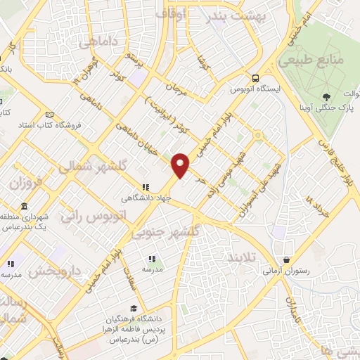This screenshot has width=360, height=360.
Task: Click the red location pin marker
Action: [x=181, y=165]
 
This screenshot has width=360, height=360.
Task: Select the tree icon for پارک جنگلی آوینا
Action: [x=326, y=98]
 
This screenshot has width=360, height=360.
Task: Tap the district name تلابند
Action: [x=244, y=259]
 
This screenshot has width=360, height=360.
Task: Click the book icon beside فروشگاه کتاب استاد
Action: [x=49, y=115]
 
